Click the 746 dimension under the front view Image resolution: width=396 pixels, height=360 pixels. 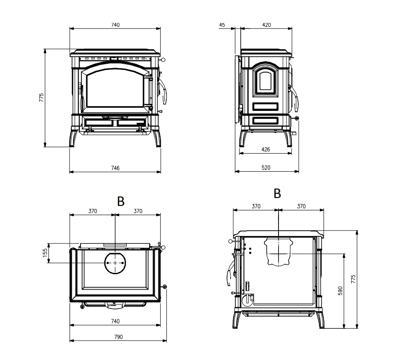(115, 168)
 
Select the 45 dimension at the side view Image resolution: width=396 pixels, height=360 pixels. (222, 25)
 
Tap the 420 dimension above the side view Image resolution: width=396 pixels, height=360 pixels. (267, 25)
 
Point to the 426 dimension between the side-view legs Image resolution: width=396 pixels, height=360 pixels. (266, 149)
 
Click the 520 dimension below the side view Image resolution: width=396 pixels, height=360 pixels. (266, 168)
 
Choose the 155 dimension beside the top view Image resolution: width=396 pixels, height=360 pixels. (45, 253)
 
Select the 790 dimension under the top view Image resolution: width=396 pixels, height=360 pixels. (118, 337)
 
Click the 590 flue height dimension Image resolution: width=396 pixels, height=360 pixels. (341, 290)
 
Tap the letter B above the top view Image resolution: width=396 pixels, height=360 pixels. (121, 202)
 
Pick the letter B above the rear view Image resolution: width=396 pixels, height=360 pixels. (277, 194)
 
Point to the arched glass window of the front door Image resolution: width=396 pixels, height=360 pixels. (115, 88)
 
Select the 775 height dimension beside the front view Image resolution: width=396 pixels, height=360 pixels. (41, 98)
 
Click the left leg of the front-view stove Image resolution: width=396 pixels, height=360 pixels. (73, 139)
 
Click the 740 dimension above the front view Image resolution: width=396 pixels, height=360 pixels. (115, 25)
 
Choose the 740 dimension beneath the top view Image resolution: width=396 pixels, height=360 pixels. (115, 321)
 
